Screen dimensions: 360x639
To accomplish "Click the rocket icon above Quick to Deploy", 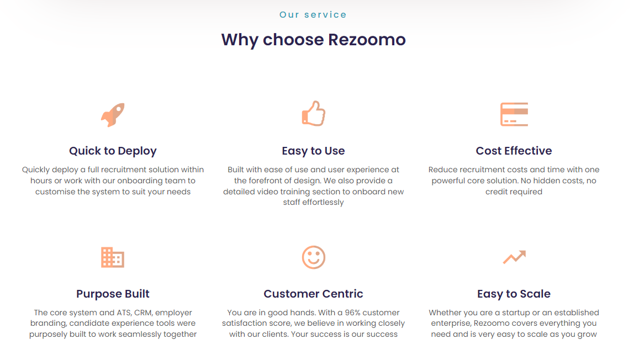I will point(113,114).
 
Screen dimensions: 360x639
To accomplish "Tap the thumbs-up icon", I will point(313,114).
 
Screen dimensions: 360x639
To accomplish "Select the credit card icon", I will point(514,114).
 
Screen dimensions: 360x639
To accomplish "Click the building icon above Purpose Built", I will point(113,257).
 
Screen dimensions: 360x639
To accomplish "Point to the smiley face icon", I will point(313,257).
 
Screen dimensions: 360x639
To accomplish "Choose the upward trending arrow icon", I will point(514,257).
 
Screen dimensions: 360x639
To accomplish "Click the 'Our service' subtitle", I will point(313,15).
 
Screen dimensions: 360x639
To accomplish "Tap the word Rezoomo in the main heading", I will point(367,40).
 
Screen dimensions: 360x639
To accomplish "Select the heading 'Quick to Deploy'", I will point(113,151).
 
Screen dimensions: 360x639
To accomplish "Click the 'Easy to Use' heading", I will point(313,151).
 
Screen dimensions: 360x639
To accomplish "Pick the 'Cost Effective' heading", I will point(514,151).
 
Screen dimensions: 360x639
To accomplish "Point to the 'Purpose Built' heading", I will point(113,294).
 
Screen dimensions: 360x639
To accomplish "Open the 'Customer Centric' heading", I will point(313,294).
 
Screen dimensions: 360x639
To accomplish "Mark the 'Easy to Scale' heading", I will point(514,294).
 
